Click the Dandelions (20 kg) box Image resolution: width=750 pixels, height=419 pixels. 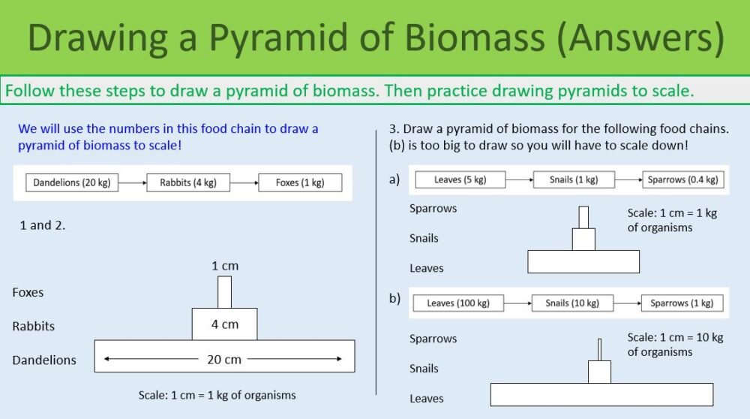point(72,182)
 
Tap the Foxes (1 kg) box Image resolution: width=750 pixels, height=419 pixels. point(300,182)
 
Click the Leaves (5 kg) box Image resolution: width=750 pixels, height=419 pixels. point(459,179)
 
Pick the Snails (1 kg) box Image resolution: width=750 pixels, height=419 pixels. point(574,179)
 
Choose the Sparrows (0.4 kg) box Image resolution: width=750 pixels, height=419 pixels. point(682,179)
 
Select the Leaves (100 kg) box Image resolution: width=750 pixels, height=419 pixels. point(458,303)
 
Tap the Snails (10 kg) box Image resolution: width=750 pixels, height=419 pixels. point(572,303)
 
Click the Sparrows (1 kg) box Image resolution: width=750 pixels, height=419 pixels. point(682,303)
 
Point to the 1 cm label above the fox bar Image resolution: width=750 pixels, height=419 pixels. point(224,266)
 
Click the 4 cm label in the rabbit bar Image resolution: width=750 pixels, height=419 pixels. point(224,324)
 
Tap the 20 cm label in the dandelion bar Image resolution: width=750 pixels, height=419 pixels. point(224,360)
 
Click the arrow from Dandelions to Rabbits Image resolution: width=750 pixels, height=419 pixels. point(133,182)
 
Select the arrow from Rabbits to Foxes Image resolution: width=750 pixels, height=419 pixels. point(244,182)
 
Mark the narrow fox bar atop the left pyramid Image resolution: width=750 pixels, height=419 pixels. point(224,292)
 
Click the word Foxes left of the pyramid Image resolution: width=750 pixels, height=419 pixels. point(28,292)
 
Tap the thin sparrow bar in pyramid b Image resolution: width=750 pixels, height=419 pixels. point(599,349)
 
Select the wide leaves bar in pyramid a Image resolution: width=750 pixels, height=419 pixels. point(583,261)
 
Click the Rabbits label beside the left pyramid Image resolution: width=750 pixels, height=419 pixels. point(33,326)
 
